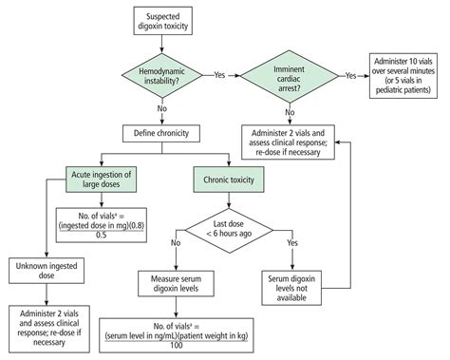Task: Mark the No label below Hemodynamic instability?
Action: click(x=159, y=108)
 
